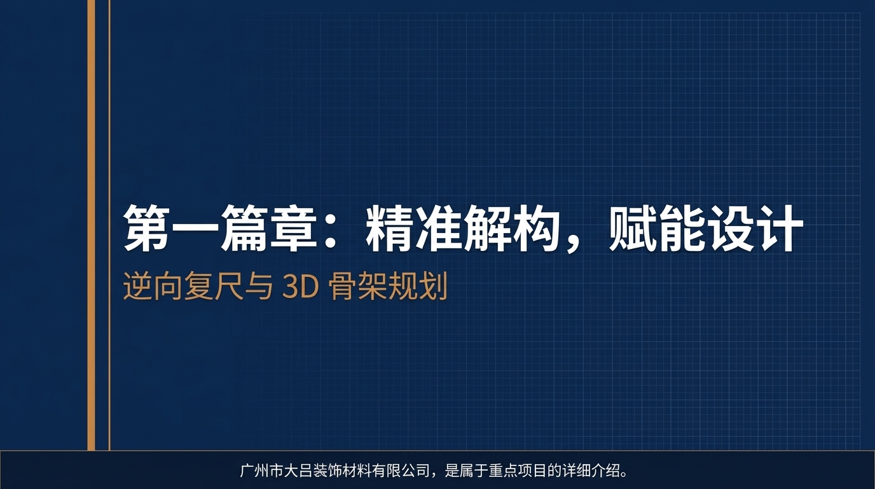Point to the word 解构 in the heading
[x=511, y=229]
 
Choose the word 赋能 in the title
[x=655, y=229]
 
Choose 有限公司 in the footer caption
[x=402, y=472]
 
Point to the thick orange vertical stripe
[x=91, y=223]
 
